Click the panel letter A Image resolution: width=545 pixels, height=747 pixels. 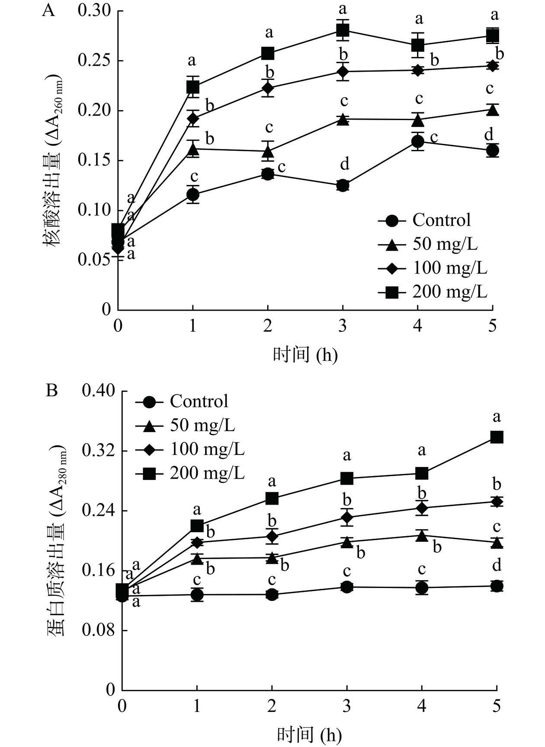click(x=48, y=10)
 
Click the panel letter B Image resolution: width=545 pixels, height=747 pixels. click(x=51, y=391)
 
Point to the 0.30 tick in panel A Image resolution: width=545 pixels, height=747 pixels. click(x=94, y=11)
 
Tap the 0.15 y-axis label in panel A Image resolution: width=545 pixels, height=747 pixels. click(x=94, y=160)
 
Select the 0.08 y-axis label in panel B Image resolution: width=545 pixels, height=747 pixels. click(x=99, y=630)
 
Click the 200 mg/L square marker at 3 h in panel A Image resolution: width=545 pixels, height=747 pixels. click(x=343, y=30)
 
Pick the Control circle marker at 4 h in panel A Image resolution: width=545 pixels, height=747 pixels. click(x=418, y=141)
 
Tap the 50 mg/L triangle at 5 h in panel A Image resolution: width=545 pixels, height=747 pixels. click(x=493, y=110)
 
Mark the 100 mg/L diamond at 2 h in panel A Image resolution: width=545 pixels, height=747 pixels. click(x=268, y=88)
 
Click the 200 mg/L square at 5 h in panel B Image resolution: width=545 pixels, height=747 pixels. click(x=497, y=437)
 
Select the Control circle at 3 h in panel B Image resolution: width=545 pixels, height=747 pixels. click(x=347, y=587)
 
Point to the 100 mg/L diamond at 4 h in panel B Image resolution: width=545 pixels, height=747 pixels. click(x=422, y=508)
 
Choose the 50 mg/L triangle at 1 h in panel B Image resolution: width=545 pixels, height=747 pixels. click(x=197, y=559)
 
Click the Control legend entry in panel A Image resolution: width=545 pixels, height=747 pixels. click(x=441, y=220)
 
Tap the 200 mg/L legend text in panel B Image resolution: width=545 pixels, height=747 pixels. click(x=207, y=473)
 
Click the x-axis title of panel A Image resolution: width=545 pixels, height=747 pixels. click(x=305, y=355)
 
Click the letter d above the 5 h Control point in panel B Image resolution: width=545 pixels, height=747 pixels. click(x=497, y=565)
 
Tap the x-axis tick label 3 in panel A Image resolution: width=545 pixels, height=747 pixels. click(x=343, y=325)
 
